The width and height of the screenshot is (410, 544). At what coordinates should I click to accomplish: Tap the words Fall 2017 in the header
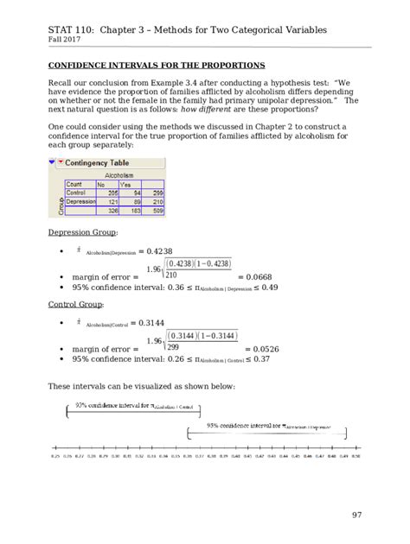(67, 39)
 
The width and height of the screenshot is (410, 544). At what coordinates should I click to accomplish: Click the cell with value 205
(102, 193)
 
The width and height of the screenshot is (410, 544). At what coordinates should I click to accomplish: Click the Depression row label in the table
(81, 201)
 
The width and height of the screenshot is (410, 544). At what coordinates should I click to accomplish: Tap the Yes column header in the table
(125, 184)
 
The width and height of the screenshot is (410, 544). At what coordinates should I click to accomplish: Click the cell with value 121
(102, 201)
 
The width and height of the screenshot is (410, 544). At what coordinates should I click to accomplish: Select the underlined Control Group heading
(75, 305)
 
